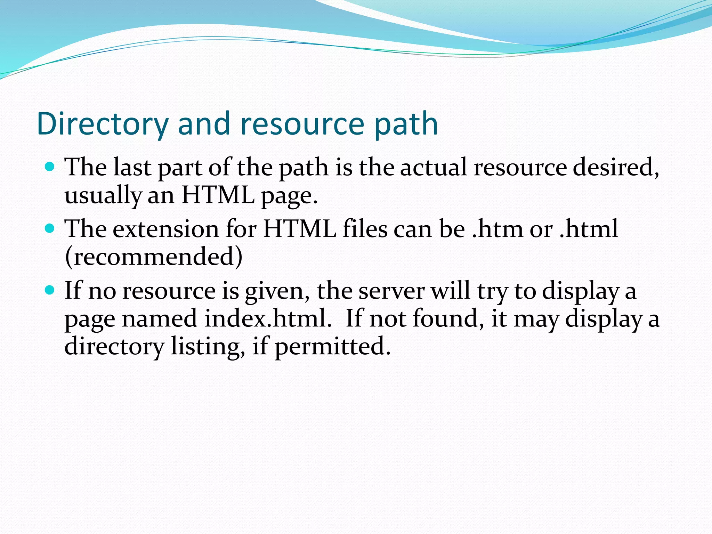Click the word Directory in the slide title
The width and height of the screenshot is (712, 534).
click(103, 124)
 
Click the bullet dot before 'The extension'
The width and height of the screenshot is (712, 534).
click(50, 228)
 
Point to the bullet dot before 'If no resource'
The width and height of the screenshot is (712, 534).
click(50, 290)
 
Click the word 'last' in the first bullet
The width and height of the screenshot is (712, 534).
click(132, 167)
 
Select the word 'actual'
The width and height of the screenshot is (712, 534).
click(434, 167)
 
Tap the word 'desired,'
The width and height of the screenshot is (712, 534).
click(616, 167)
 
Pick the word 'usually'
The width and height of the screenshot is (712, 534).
click(103, 195)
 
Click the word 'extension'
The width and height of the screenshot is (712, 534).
click(166, 229)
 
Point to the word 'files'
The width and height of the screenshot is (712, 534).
click(365, 229)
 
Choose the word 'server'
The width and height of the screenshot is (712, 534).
click(391, 291)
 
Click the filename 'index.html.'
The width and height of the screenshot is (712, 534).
click(268, 318)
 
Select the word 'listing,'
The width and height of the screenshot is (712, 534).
click(208, 347)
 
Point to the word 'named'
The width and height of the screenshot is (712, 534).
click(160, 319)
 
